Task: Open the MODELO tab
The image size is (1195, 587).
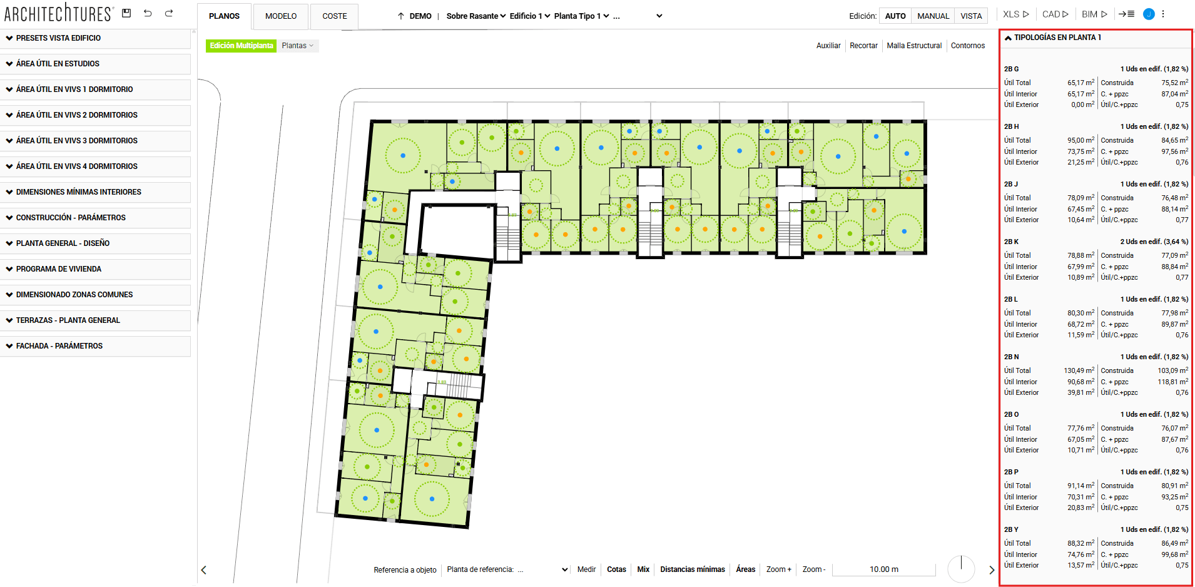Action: click(280, 16)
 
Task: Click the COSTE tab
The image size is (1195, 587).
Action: click(334, 16)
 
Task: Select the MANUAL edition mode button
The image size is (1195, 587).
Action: click(933, 16)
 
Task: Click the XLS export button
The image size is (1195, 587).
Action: click(1015, 14)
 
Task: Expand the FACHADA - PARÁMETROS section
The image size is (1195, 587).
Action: click(59, 346)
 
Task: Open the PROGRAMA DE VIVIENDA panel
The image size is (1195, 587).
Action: click(59, 269)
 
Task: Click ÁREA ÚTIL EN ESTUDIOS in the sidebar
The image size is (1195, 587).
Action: click(58, 64)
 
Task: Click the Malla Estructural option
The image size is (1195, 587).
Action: click(913, 46)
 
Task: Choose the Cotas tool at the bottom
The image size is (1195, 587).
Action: click(616, 569)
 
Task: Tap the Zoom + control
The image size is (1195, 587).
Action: click(778, 569)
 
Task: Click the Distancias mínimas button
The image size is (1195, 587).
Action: click(692, 569)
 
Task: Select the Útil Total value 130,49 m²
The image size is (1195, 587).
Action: click(1079, 371)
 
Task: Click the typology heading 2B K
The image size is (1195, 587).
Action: click(1011, 242)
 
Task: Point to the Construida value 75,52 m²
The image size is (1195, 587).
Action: click(1174, 83)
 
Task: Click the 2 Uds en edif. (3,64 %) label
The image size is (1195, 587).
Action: click(1154, 242)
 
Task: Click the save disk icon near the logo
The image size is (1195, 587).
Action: click(126, 13)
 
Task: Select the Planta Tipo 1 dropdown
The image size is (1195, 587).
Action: click(581, 16)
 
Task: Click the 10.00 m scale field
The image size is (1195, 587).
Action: click(883, 569)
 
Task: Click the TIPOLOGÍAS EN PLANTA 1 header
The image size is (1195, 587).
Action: click(1057, 38)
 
